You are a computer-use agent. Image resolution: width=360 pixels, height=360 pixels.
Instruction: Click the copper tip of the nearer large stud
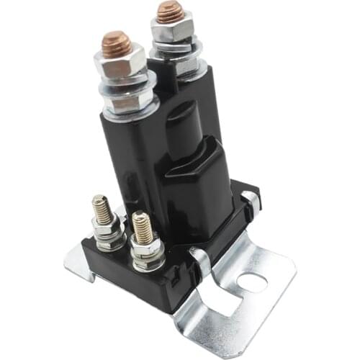coord(116,44)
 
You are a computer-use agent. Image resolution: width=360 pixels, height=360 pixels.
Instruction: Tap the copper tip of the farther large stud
coord(171,11)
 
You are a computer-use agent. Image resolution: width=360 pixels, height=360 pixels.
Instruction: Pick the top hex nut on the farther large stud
coord(173,30)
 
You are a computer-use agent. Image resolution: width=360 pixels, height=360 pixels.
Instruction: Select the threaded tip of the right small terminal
coord(140,227)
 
